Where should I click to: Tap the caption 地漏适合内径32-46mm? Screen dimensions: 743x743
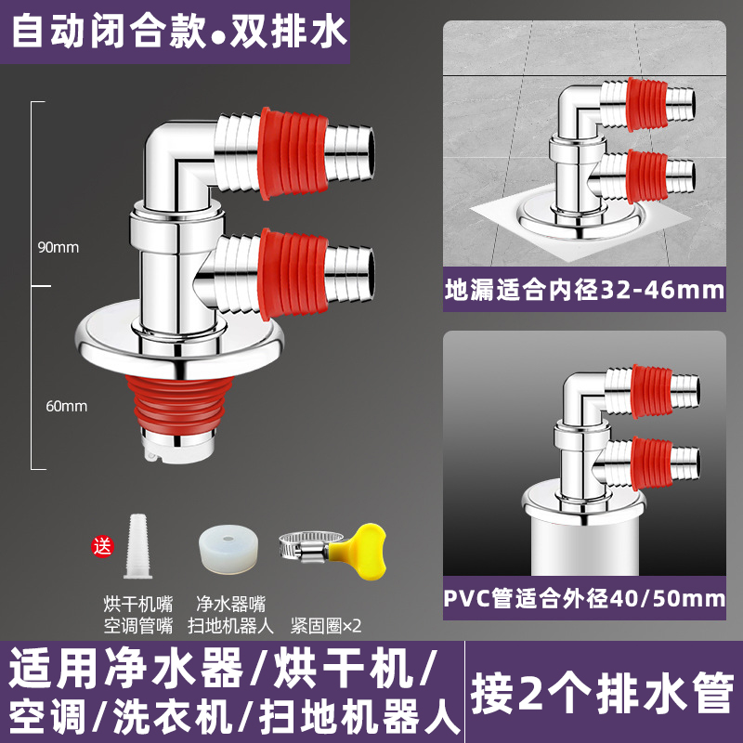tap(584, 290)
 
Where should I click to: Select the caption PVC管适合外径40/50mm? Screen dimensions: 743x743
tap(584, 598)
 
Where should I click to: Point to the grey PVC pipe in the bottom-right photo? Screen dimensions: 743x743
tap(577, 539)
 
